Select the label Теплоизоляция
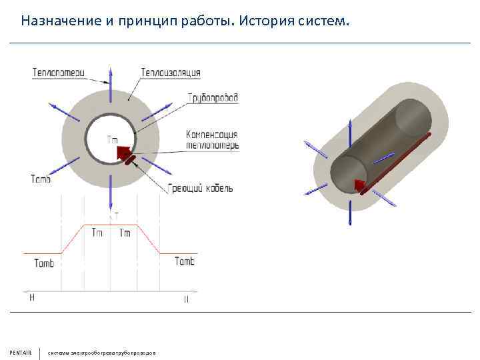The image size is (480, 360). click(x=171, y=72)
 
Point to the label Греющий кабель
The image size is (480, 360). click(x=201, y=189)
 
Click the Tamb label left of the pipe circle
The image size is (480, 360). click(x=40, y=178)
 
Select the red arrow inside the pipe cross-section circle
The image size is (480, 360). click(x=123, y=154)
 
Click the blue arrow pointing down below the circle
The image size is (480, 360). click(x=111, y=197)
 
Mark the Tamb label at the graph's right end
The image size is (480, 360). click(x=184, y=261)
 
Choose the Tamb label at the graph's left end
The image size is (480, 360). click(x=44, y=263)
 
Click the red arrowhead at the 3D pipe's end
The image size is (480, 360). click(x=359, y=185)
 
